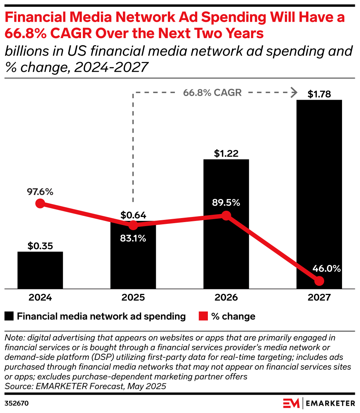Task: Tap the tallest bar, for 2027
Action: pyautogui.click(x=319, y=183)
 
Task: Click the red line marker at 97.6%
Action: pyautogui.click(x=40, y=204)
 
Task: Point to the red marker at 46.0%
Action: pyautogui.click(x=319, y=281)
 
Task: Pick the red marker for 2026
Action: pyautogui.click(x=226, y=215)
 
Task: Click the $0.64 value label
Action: pyautogui.click(x=133, y=215)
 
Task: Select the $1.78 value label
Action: pyautogui.click(x=319, y=94)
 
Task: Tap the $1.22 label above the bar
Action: pyautogui.click(x=226, y=154)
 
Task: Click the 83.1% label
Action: pyautogui.click(x=133, y=238)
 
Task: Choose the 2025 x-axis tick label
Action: pyautogui.click(x=133, y=297)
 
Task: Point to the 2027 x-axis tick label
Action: pyautogui.click(x=319, y=297)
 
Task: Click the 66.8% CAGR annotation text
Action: pyautogui.click(x=213, y=92)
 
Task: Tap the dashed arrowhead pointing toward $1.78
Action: pyautogui.click(x=293, y=92)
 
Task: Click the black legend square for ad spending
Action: pyautogui.click(x=10, y=316)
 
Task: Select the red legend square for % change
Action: pyautogui.click(x=203, y=316)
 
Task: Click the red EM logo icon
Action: pyautogui.click(x=291, y=403)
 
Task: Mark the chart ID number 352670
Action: pyautogui.click(x=16, y=403)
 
